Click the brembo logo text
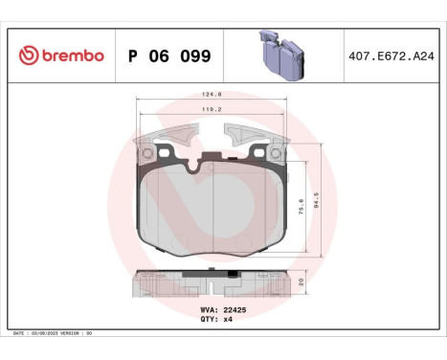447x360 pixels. click(x=71, y=56)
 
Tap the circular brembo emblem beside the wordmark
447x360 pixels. click(x=26, y=56)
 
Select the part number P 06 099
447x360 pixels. click(x=169, y=56)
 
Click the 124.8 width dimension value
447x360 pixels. click(x=212, y=95)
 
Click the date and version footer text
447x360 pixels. click(x=54, y=332)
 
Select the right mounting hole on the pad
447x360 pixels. click(x=278, y=151)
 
